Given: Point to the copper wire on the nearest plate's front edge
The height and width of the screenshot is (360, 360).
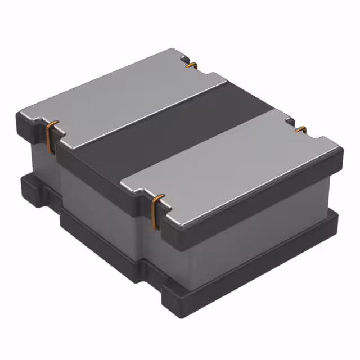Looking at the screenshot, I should click(157, 211).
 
